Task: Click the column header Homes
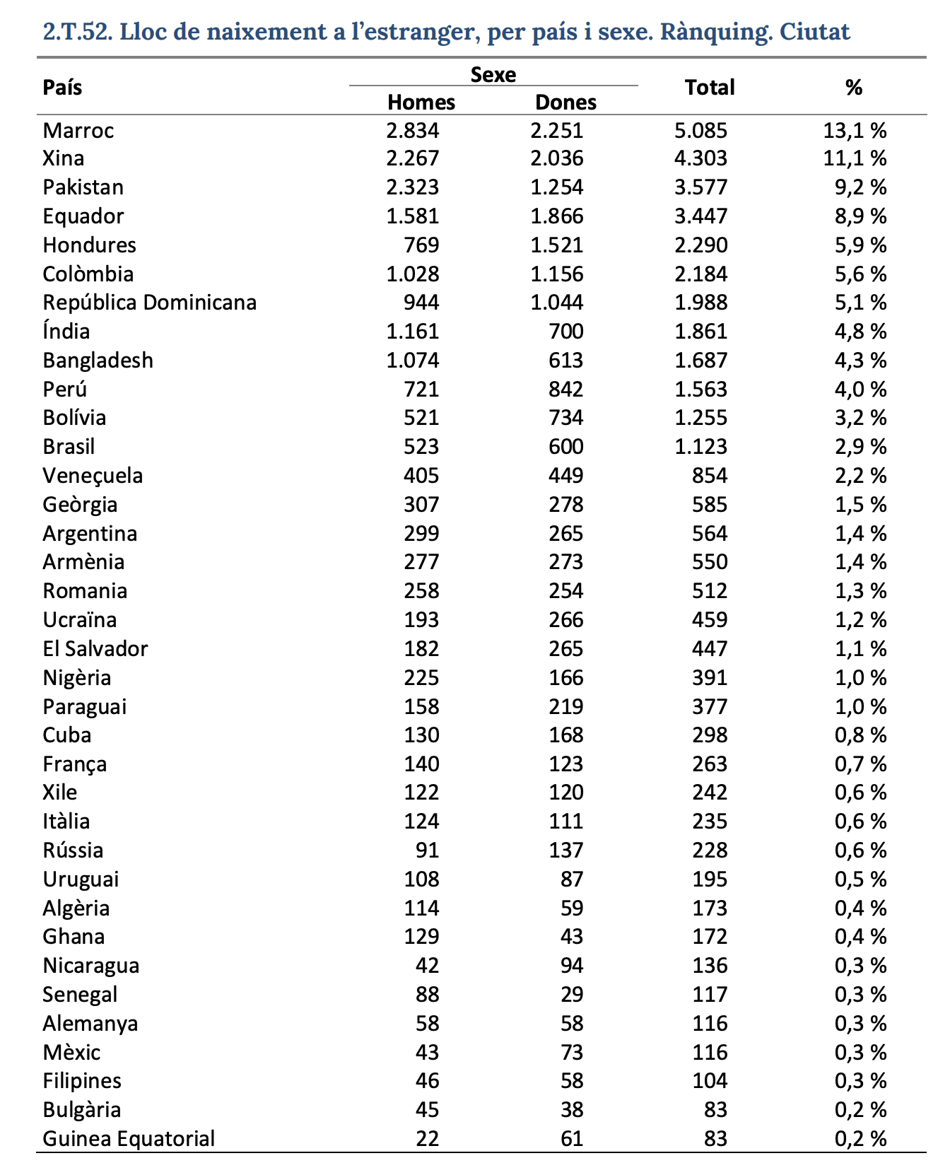pyautogui.click(x=421, y=103)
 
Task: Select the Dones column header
pyautogui.click(x=565, y=103)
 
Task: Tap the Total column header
pyautogui.click(x=710, y=88)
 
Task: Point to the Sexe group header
pyautogui.click(x=493, y=74)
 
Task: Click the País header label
pyautogui.click(x=62, y=88)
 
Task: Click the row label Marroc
pyautogui.click(x=78, y=131)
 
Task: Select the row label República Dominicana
pyautogui.click(x=149, y=303)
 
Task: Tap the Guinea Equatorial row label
pyautogui.click(x=129, y=1139)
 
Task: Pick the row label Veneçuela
pyautogui.click(x=93, y=476)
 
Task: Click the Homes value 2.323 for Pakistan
pyautogui.click(x=413, y=187)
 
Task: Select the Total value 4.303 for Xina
pyautogui.click(x=700, y=158)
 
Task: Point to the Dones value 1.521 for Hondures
pyautogui.click(x=557, y=245)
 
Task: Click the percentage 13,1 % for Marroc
pyautogui.click(x=855, y=131)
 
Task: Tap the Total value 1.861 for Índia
pyautogui.click(x=700, y=332)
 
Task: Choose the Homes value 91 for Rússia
pyautogui.click(x=428, y=850)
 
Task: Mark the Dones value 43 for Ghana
pyautogui.click(x=573, y=937)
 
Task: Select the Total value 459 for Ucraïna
pyautogui.click(x=710, y=620)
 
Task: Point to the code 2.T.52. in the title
pyautogui.click(x=78, y=32)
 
